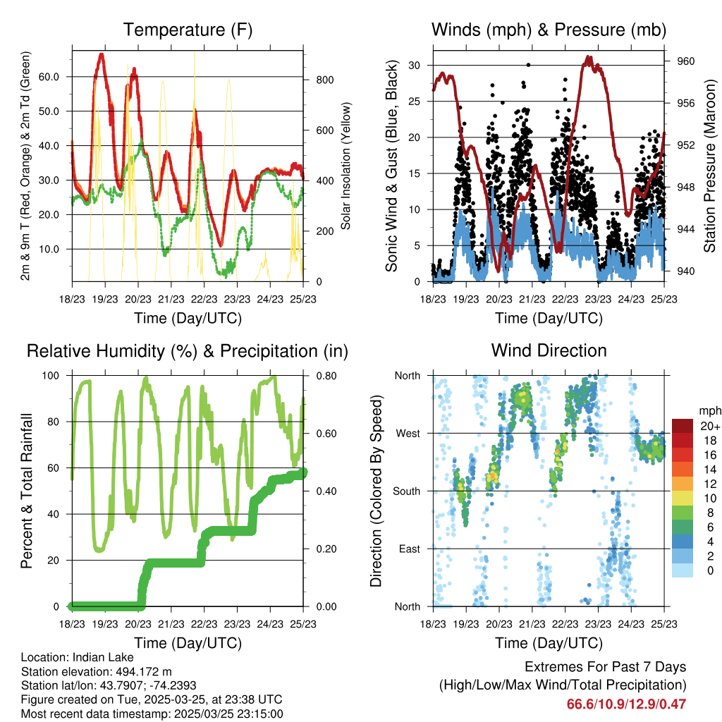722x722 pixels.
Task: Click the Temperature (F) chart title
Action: click(187, 30)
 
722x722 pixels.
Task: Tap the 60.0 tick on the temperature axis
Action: click(57, 76)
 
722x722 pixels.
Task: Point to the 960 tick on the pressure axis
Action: click(685, 61)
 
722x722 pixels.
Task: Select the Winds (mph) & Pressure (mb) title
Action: click(549, 30)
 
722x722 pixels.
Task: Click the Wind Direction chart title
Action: click(549, 350)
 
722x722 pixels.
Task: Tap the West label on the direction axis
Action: click(408, 433)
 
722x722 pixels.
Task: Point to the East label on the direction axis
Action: click(408, 549)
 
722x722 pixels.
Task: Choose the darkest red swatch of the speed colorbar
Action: click(683, 426)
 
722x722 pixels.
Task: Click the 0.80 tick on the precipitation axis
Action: click(321, 376)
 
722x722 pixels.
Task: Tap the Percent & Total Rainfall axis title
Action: click(27, 491)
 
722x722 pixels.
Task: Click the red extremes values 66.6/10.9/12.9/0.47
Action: click(626, 704)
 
